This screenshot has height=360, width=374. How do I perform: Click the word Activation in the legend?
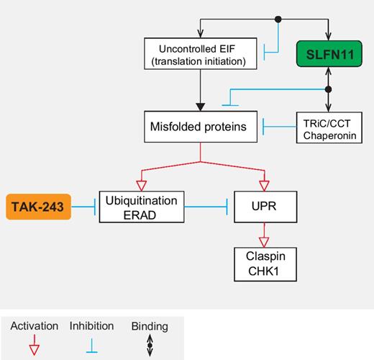point(34,326)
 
